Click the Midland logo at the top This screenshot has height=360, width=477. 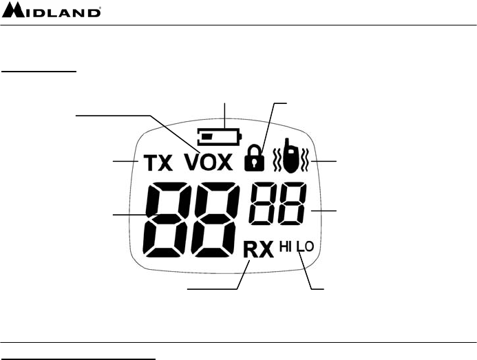[x=52, y=12]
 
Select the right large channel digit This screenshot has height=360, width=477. [x=214, y=218]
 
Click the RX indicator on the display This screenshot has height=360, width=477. [x=258, y=248]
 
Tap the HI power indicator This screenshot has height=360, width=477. [x=286, y=246]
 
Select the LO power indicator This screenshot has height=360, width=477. [x=305, y=246]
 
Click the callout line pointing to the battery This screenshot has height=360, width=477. [x=224, y=113]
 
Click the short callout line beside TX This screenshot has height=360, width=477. [x=127, y=160]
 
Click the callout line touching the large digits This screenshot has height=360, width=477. [x=131, y=215]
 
